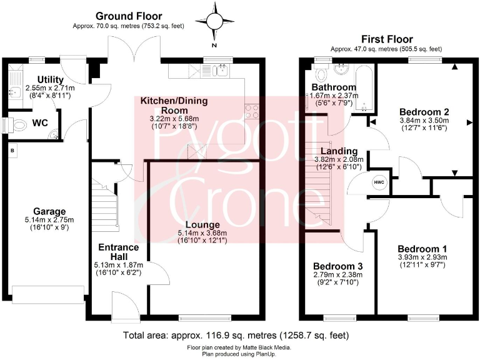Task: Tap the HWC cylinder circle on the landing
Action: click(x=379, y=182)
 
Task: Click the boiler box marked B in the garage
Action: click(x=11, y=150)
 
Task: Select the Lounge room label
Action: click(x=206, y=224)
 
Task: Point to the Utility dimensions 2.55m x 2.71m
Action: click(x=49, y=88)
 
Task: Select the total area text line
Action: click(x=239, y=334)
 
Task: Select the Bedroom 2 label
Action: click(x=424, y=111)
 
